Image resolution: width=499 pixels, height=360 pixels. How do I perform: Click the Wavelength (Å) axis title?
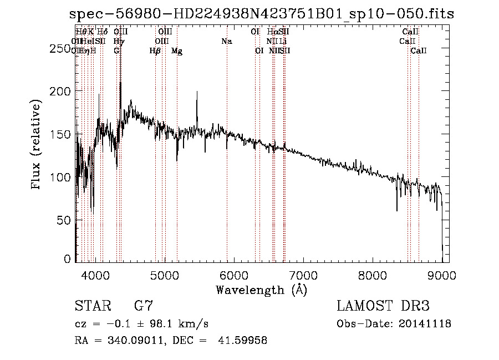(261, 289)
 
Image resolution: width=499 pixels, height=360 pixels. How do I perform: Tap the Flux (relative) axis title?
(37, 145)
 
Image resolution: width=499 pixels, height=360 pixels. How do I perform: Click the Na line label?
(226, 41)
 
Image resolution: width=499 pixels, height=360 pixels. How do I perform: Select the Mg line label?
(177, 51)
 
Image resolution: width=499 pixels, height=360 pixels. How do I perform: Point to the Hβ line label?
(155, 51)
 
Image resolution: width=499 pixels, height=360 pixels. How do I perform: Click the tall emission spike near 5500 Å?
(197, 93)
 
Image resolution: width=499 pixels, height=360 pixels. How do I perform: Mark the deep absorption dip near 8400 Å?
(397, 210)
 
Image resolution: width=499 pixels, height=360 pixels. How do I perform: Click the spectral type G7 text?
(144, 306)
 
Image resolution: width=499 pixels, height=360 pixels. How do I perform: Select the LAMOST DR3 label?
(383, 306)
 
